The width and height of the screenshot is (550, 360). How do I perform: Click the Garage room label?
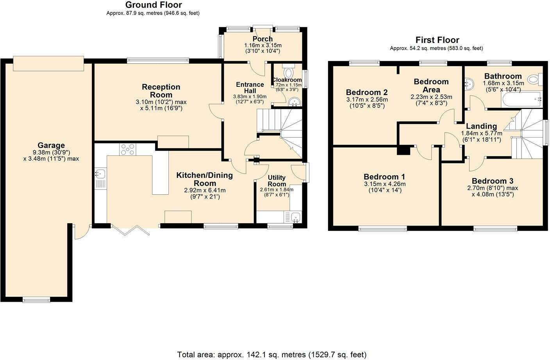click(x=51, y=145)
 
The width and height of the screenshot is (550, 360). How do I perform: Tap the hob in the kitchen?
click(x=128, y=149)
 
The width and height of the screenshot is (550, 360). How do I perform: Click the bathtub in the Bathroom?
click(x=522, y=100)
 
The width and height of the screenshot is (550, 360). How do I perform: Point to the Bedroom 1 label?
click(x=384, y=177)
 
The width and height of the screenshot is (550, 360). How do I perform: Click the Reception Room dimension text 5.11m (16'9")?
click(x=161, y=108)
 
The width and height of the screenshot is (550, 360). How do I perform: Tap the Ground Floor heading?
click(x=154, y=5)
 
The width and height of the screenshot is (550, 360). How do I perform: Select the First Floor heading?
click(x=437, y=40)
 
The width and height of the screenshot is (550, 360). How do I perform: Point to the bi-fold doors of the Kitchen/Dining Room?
click(x=130, y=229)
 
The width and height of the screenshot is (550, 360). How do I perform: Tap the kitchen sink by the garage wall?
click(x=100, y=174)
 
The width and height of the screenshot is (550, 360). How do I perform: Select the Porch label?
click(x=262, y=39)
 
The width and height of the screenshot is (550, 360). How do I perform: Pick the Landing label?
click(x=482, y=126)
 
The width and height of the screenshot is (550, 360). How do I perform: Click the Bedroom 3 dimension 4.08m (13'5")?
click(x=493, y=194)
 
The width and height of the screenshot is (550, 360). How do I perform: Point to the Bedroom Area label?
click(x=431, y=86)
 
